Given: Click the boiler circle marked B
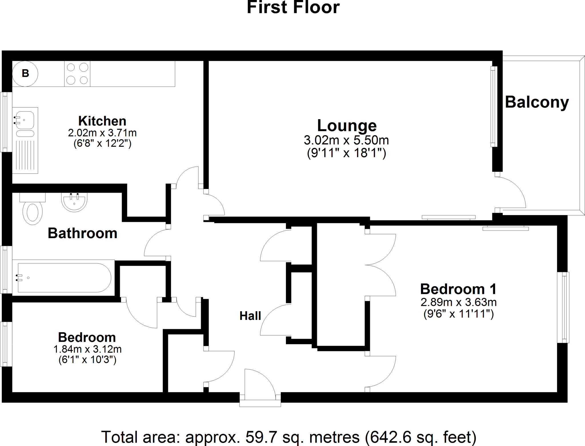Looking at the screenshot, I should (25, 73).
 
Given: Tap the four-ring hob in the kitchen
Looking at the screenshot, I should (77, 73).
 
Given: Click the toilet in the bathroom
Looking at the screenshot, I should (32, 212).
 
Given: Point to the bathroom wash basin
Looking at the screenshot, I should (74, 202).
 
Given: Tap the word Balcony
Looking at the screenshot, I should (537, 102).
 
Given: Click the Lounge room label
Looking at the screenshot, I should (347, 125).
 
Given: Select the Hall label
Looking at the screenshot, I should (250, 316).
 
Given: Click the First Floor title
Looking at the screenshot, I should (293, 7).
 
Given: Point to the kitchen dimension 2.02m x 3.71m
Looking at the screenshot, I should (102, 133).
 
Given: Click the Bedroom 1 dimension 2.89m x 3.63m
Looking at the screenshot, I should (458, 302).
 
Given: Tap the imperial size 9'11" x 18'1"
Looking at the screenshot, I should (346, 153).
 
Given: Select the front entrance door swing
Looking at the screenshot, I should (259, 383).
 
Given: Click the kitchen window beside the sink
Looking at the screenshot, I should (6, 122).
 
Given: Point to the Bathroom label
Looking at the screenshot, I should (83, 233).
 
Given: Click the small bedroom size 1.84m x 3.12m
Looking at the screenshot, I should (87, 349).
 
